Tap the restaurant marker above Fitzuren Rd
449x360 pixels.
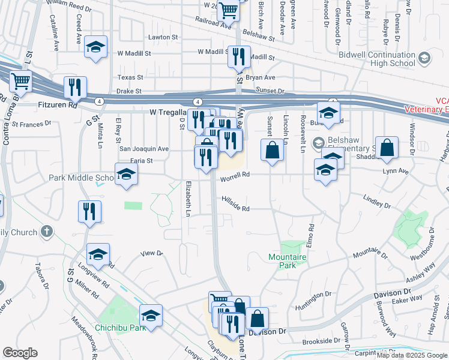(x=75, y=87)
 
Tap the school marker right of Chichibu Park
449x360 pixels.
(x=151, y=316)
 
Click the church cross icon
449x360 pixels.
(x=47, y=232)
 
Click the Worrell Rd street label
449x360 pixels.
(x=235, y=175)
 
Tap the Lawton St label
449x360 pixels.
(x=160, y=37)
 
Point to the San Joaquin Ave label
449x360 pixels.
(x=144, y=148)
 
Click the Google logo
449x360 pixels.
(x=20, y=353)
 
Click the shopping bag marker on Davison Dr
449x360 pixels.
(x=258, y=317)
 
